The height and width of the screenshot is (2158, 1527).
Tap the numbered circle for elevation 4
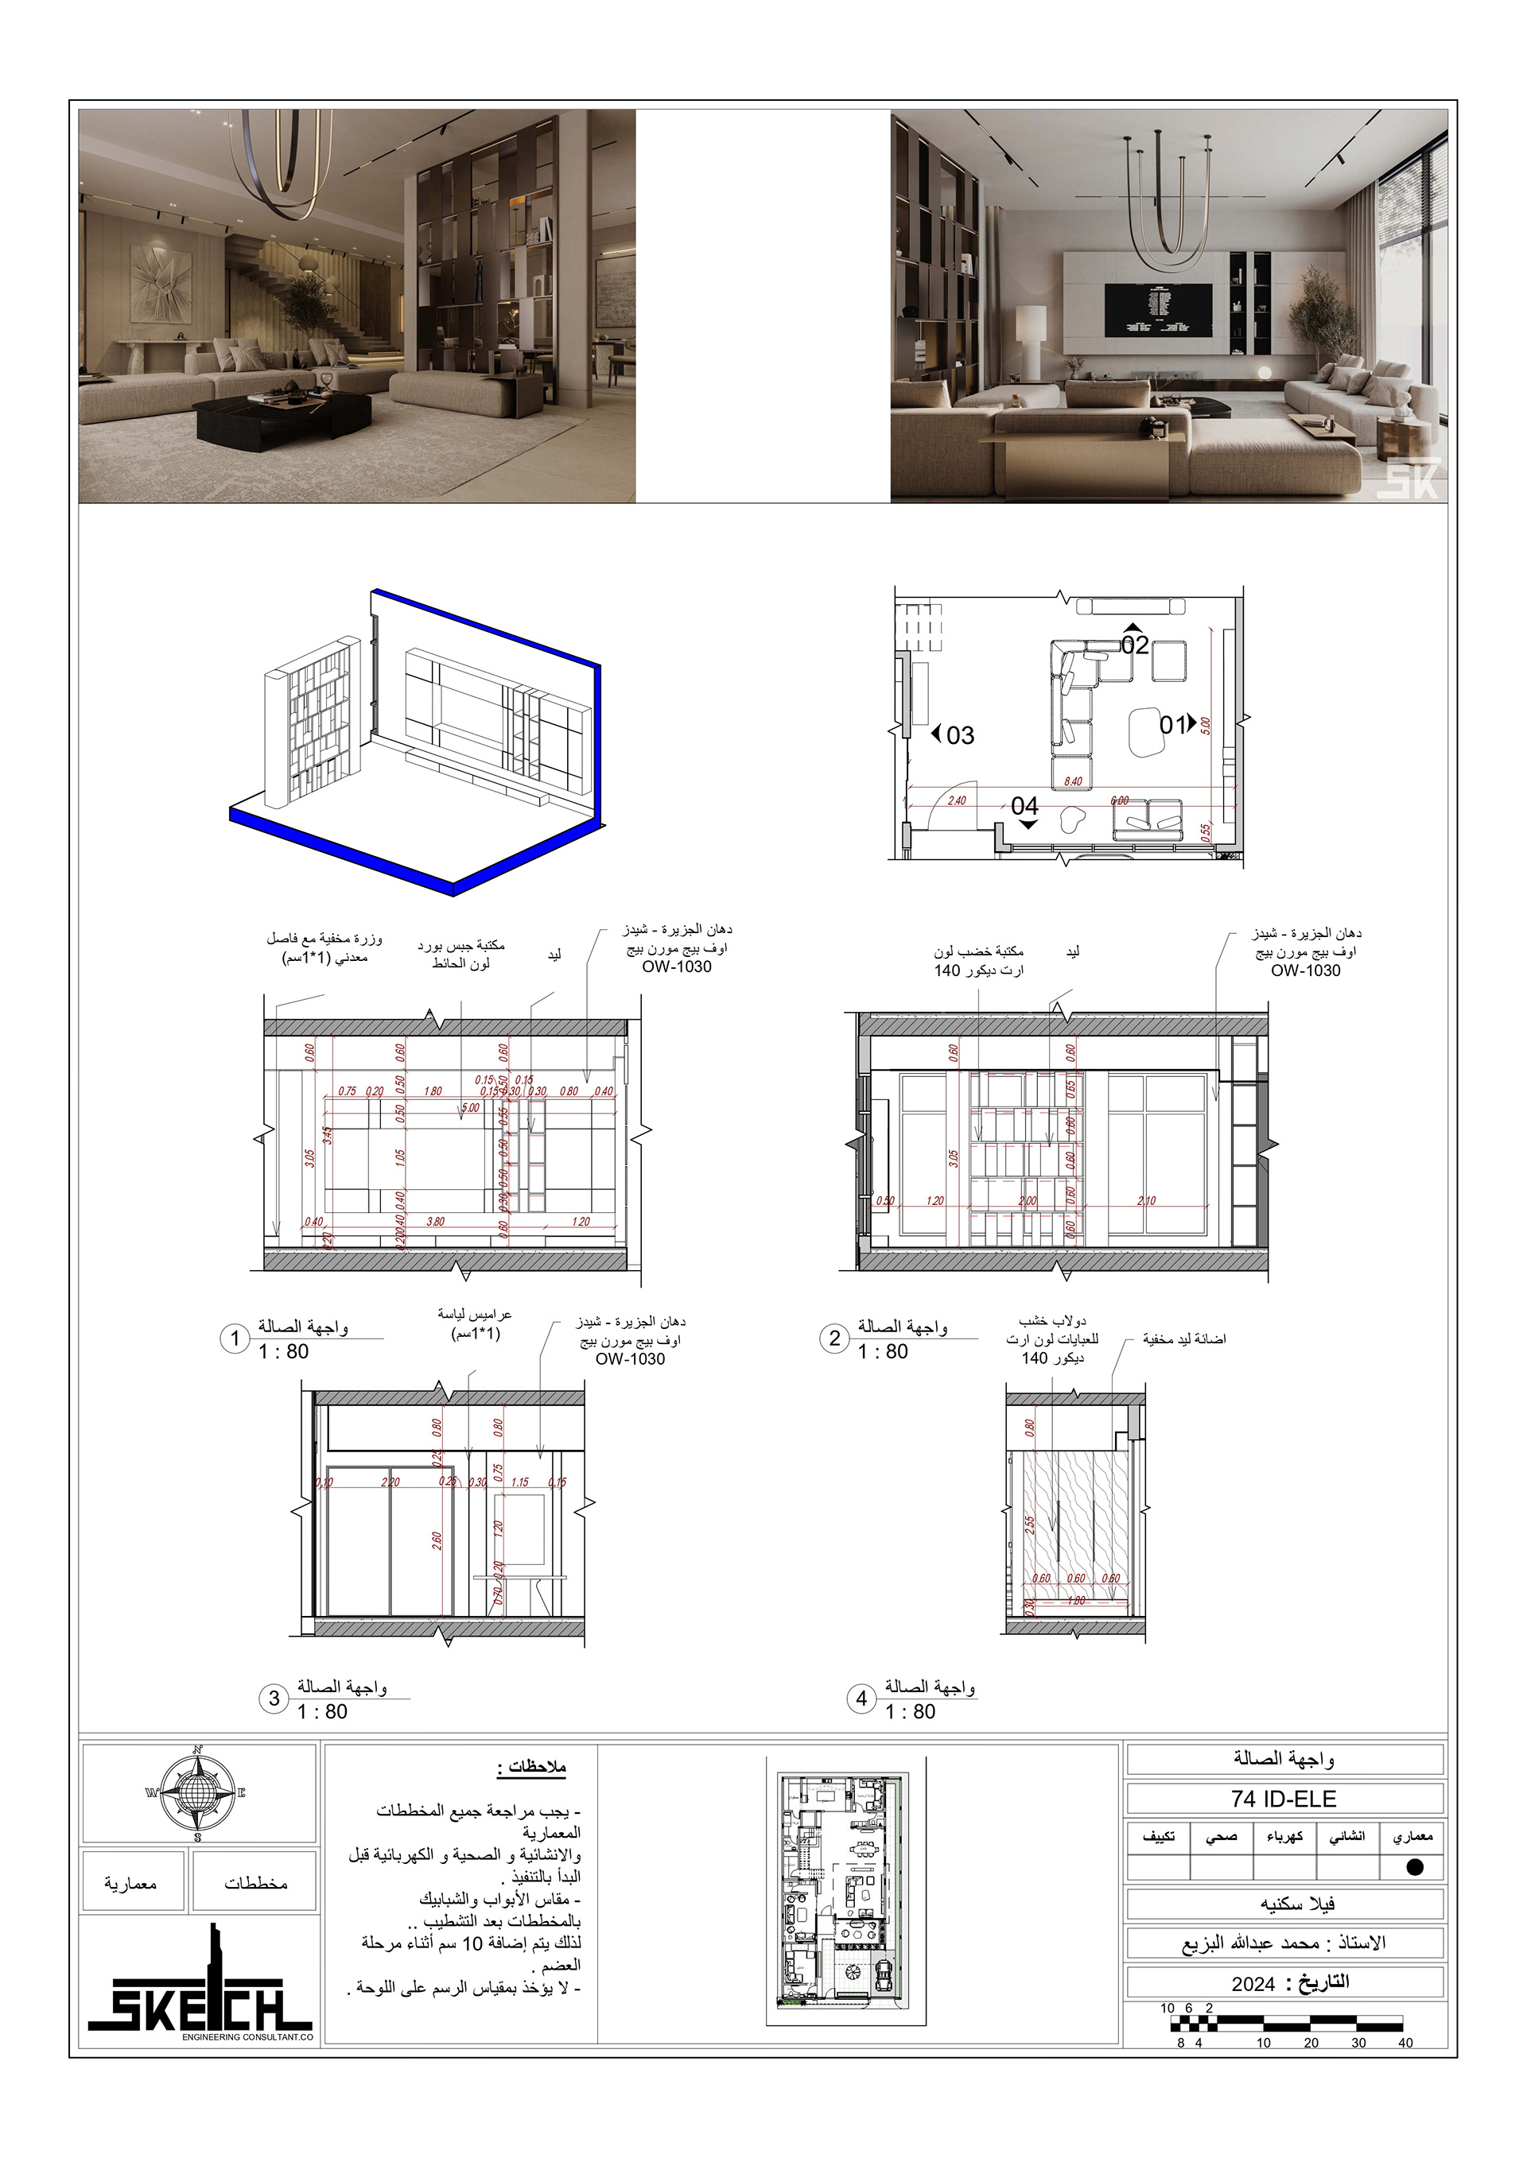point(861,1699)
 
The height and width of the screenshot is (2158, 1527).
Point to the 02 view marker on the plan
point(1134,644)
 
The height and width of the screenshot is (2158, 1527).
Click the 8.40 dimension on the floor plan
point(1073,781)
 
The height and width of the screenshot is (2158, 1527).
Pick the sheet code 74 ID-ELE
point(1284,1799)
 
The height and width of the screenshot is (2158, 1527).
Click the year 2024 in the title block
point(1253,1984)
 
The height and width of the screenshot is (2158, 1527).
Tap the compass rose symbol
point(197,1793)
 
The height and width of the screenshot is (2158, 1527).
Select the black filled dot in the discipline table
point(1414,1868)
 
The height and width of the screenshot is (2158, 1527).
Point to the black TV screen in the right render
point(1157,308)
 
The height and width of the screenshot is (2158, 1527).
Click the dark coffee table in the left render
point(282,413)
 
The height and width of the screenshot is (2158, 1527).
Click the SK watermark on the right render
point(1408,478)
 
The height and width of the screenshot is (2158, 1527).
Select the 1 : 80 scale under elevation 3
point(323,1712)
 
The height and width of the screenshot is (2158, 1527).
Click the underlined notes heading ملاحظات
point(532,1766)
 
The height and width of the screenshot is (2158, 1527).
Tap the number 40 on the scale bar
point(1405,2043)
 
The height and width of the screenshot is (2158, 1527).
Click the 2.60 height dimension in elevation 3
point(437,1540)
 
